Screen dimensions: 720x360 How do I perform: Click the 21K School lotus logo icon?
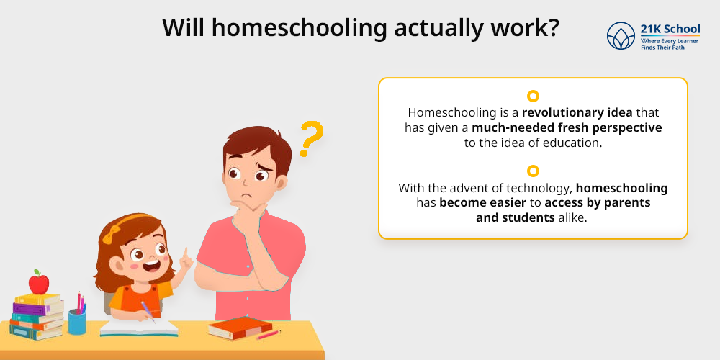621,36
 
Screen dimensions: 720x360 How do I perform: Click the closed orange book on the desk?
240,328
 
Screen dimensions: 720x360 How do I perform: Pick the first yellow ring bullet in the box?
533,96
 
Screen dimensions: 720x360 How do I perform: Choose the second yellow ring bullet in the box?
533,171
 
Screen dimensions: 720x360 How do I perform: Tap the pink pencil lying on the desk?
268,335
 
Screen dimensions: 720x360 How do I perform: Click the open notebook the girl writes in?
139,328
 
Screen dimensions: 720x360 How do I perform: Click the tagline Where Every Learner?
670,41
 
